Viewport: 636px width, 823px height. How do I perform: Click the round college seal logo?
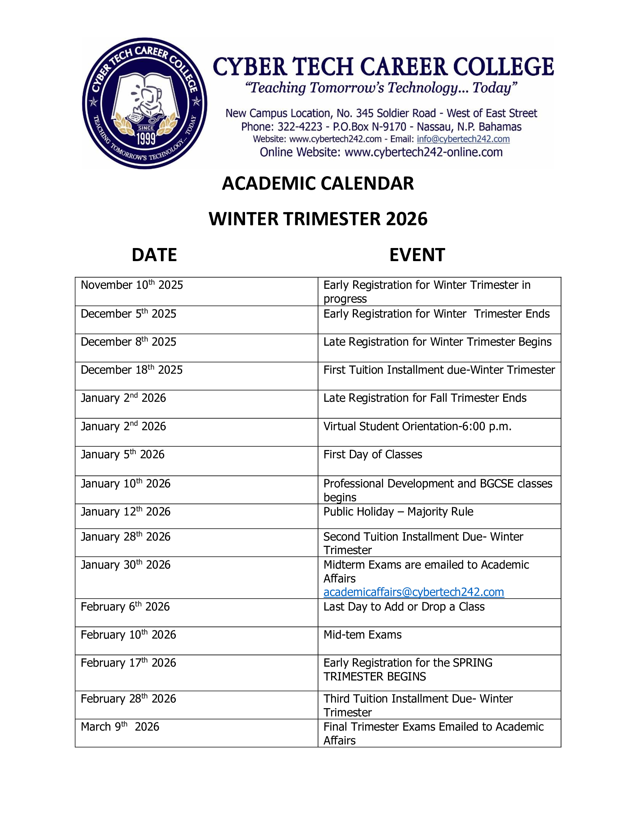[145, 103]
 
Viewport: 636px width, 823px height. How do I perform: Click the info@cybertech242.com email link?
[463, 139]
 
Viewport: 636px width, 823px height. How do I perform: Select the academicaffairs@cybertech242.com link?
[413, 592]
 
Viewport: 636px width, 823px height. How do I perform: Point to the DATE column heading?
[154, 255]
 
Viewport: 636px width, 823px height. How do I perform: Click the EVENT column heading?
[417, 255]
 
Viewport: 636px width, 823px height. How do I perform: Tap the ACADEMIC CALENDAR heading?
[318, 184]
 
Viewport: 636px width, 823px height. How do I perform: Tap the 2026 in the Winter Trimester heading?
[407, 219]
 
